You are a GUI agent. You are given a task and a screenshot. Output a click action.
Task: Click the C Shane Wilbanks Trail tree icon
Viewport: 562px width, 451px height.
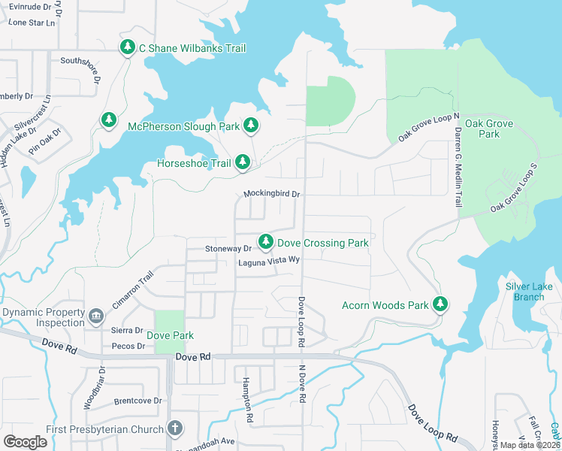tap(128, 48)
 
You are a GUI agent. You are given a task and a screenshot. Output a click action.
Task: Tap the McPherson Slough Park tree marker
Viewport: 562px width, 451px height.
tap(251, 126)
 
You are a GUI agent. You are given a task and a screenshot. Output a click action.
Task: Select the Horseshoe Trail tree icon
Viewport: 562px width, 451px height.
tap(242, 162)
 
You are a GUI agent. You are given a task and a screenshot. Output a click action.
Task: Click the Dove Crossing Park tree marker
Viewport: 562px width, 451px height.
tap(265, 242)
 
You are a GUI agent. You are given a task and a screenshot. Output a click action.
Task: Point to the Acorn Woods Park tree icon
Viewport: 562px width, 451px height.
tap(440, 304)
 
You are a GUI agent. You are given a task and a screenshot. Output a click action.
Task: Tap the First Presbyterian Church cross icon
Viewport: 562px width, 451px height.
tap(174, 429)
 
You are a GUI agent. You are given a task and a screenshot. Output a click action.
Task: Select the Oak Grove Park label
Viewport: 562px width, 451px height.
tap(482, 129)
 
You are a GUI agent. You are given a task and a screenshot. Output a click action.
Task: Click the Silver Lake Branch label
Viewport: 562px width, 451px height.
tap(524, 292)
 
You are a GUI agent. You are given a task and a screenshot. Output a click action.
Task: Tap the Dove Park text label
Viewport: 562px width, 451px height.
tap(170, 335)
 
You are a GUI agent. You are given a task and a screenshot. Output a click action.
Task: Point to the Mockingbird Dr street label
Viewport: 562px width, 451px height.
tap(271, 194)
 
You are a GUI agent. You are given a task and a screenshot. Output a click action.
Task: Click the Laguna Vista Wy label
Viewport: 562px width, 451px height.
tap(269, 262)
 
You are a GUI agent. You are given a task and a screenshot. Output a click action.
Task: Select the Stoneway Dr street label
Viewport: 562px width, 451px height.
tap(228, 248)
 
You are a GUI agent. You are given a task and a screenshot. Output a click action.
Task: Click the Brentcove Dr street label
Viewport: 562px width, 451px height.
tap(138, 401)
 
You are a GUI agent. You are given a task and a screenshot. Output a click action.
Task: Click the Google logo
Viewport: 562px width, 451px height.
tap(26, 441)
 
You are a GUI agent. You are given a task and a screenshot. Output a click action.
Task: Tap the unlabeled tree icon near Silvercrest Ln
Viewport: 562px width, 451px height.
tap(109, 120)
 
